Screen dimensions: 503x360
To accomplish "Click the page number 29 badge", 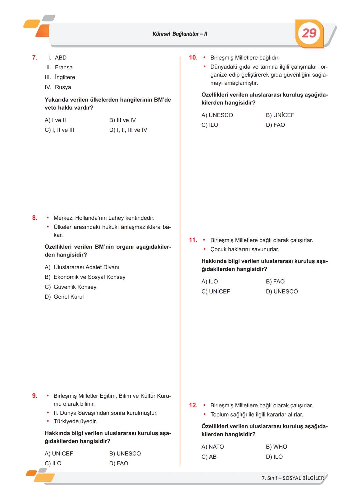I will pyautogui.click(x=309, y=33).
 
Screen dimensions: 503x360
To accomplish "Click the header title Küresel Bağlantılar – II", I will pyautogui.click(x=180, y=34).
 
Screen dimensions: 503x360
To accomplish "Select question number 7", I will pyautogui.click(x=35, y=58).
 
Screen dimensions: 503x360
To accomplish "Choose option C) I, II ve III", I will pyautogui.click(x=59, y=130).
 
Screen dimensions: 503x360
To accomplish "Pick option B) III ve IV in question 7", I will pyautogui.click(x=122, y=120).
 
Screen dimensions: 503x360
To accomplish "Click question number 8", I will pyautogui.click(x=35, y=218).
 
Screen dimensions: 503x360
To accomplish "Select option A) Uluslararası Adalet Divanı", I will pyautogui.click(x=82, y=267).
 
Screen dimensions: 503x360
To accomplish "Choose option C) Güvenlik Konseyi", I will pyautogui.click(x=71, y=287).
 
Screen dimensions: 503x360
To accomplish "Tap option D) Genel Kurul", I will pyautogui.click(x=64, y=297).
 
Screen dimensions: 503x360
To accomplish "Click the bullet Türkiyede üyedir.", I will pyautogui.click(x=75, y=421).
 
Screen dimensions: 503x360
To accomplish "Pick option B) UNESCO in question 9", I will pyautogui.click(x=125, y=454).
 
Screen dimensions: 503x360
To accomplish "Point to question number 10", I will pyautogui.click(x=193, y=58).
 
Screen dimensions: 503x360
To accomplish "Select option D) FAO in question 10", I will pyautogui.click(x=275, y=125).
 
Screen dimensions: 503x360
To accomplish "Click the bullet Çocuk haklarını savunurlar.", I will pyautogui.click(x=244, y=249).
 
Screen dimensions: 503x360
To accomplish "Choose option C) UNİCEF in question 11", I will pyautogui.click(x=216, y=291).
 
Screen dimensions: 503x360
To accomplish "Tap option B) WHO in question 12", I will pyautogui.click(x=276, y=447).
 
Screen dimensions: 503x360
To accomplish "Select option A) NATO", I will pyautogui.click(x=213, y=447).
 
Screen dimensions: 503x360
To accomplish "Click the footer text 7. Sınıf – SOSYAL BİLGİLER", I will pyautogui.click(x=293, y=478).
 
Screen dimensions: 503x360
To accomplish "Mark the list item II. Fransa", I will pyautogui.click(x=60, y=68).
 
